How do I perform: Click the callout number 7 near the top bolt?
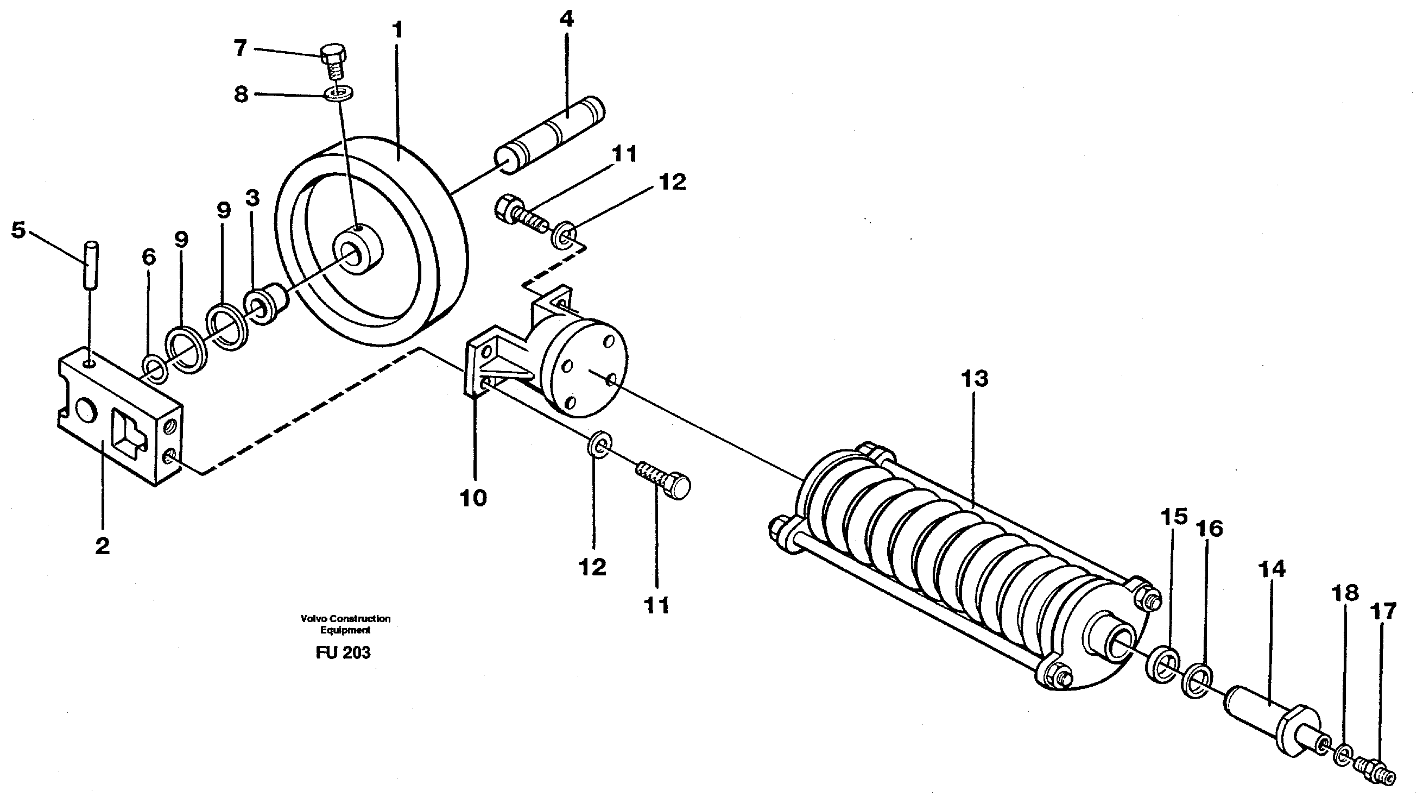(x=239, y=49)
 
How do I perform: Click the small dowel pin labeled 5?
(x=90, y=264)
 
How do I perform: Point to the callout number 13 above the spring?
(x=974, y=380)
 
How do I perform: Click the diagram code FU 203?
(x=343, y=653)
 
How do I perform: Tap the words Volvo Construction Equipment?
(x=345, y=624)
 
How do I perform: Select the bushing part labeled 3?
(x=268, y=304)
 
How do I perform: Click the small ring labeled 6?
(x=155, y=370)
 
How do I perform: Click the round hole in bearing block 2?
(x=87, y=412)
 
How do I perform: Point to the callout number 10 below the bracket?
(x=473, y=498)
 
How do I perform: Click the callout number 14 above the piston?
(x=1271, y=570)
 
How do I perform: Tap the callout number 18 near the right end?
(x=1344, y=593)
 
